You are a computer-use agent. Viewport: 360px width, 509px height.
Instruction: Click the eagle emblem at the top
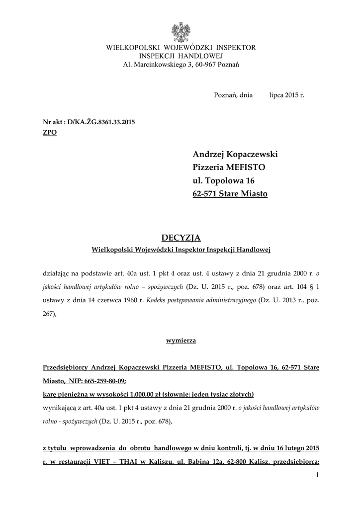[x=180, y=31]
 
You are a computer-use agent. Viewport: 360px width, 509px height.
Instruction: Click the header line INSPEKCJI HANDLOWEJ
[x=180, y=56]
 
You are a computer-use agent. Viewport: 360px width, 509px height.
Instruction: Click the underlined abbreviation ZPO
[x=50, y=133]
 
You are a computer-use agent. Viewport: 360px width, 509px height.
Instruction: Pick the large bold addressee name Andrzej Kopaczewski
[x=235, y=154]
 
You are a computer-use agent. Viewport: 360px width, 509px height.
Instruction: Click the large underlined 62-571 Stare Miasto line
[x=230, y=193]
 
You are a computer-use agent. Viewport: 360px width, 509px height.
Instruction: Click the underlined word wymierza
[x=180, y=340]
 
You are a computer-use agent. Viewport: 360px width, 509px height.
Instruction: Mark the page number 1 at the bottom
[x=317, y=476]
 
